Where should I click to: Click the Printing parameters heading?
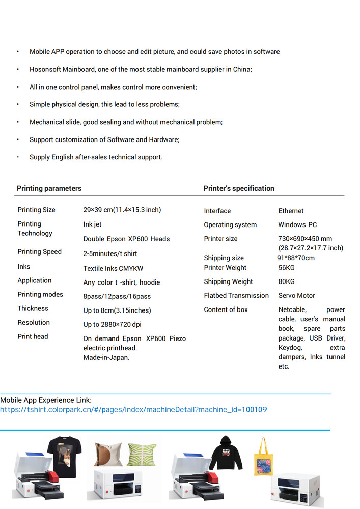(49, 188)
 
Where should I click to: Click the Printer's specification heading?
(239, 188)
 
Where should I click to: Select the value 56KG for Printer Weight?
(286, 268)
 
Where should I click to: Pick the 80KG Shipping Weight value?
(286, 281)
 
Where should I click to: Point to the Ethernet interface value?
(291, 211)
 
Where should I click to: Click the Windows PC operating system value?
(297, 224)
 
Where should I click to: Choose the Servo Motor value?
(297, 295)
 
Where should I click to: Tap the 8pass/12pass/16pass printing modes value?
(117, 296)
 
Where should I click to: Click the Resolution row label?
(34, 322)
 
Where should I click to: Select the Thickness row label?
(33, 308)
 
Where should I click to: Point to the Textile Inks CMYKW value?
(113, 268)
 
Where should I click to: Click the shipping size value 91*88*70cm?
(296, 258)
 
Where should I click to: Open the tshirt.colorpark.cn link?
(133, 410)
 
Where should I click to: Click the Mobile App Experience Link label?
(46, 400)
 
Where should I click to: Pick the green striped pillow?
(141, 454)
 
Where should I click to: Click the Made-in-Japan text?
(106, 357)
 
